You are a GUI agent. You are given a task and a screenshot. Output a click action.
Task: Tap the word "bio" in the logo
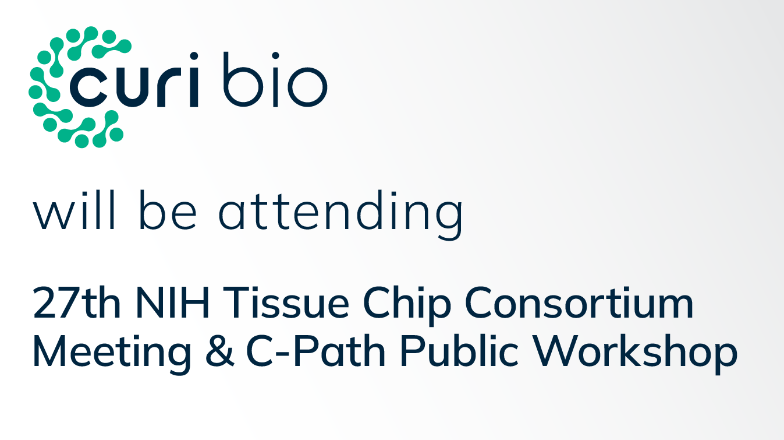(x=274, y=81)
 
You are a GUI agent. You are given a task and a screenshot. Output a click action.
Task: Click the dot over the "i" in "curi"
(x=193, y=57)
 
